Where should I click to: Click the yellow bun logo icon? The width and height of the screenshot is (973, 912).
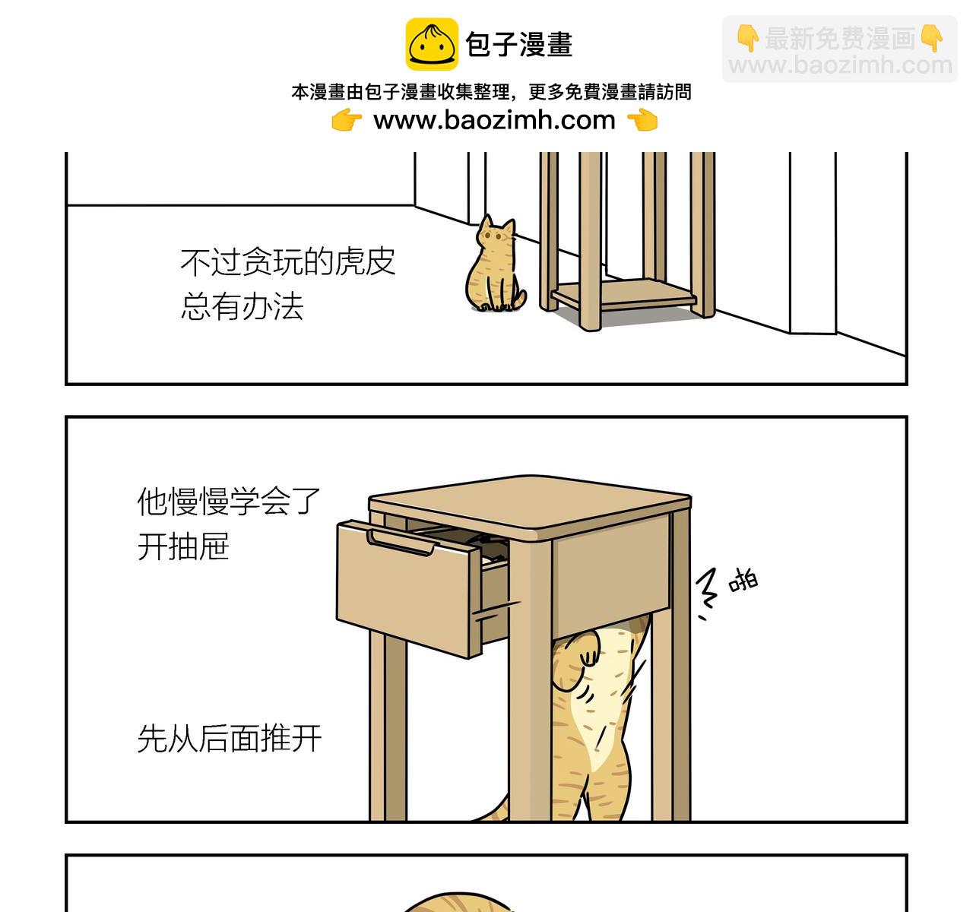[x=431, y=44]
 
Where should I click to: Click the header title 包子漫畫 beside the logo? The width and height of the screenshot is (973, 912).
[x=519, y=44]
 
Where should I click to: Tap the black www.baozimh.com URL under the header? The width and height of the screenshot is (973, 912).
[x=494, y=120]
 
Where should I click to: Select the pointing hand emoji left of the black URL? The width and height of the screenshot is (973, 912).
[x=347, y=120]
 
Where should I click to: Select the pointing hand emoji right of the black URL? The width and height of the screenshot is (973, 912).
[x=642, y=120]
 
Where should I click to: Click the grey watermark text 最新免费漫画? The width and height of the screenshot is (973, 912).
[x=839, y=38]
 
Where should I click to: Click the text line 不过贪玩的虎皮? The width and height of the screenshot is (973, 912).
[x=288, y=262]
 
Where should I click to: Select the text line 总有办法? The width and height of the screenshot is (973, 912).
[x=242, y=306]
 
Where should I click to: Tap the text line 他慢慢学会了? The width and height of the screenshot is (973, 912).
[x=229, y=502]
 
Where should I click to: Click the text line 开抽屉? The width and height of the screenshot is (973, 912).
[x=183, y=546]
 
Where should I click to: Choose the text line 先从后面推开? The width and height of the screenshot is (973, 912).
[x=229, y=738]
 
